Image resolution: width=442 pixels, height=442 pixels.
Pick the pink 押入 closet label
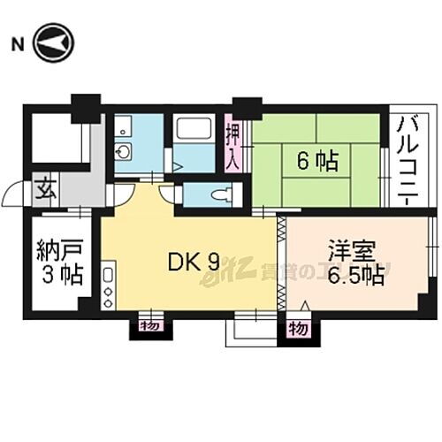(232, 145)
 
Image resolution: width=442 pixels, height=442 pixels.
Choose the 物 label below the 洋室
(298, 329)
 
